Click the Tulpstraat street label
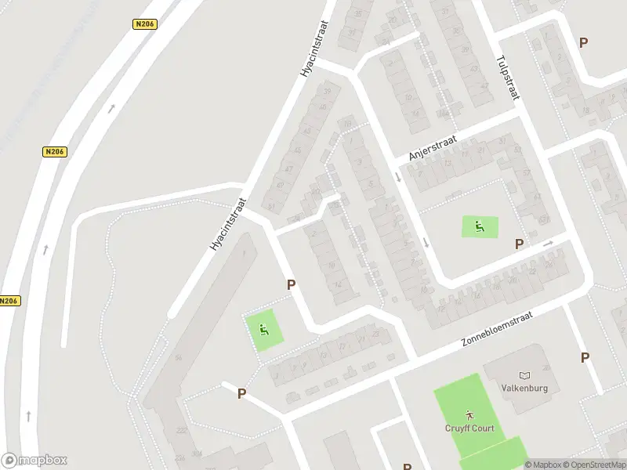pos(508,77)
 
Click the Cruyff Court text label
pos(469,428)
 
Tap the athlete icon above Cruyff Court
pos(469,413)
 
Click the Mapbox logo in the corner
pos(34,460)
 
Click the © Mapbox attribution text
pos(543,465)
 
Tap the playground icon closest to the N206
pos(265,330)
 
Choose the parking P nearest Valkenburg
pos(585,357)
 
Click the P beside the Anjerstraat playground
pos(519,244)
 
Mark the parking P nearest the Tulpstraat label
pos(583,42)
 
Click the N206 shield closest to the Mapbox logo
pos(9,301)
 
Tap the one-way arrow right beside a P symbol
pos(548,244)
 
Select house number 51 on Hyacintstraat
pos(271,206)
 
